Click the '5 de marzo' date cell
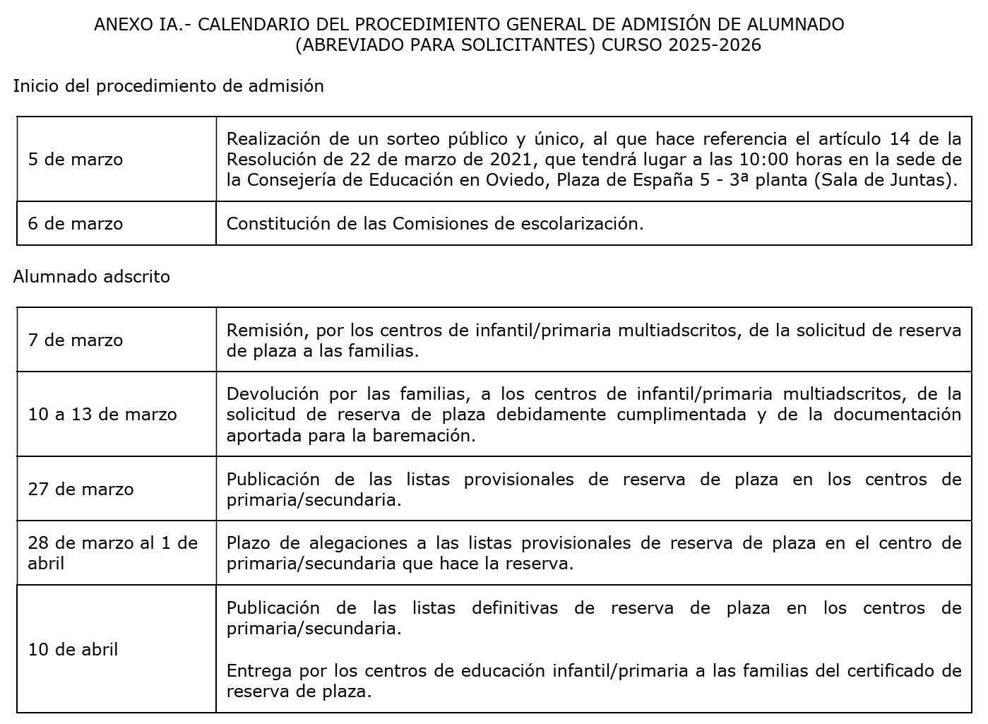coord(76,159)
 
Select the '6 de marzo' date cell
coord(76,223)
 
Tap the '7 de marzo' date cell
coord(76,340)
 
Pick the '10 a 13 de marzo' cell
coord(102,414)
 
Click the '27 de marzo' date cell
coord(81,489)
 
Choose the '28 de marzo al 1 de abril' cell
coord(113,553)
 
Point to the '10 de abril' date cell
coord(73,649)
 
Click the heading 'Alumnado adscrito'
coord(92,276)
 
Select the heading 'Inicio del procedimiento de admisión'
coord(168,86)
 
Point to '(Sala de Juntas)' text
coord(886,179)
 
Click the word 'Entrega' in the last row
coord(258,670)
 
